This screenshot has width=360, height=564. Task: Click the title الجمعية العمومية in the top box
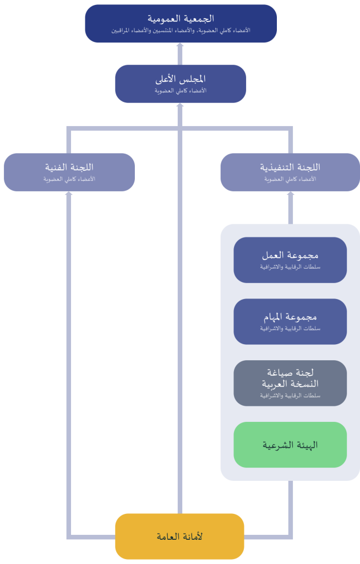click(181, 18)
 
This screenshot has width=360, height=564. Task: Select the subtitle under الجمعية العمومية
click(181, 31)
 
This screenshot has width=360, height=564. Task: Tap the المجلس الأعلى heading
click(181, 79)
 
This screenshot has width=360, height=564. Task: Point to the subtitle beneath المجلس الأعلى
click(181, 91)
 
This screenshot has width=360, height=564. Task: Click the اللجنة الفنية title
click(69, 167)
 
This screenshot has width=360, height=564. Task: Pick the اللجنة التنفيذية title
click(290, 167)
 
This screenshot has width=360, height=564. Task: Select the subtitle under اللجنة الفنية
click(69, 179)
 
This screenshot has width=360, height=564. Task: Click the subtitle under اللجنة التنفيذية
click(290, 179)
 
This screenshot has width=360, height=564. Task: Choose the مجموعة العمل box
click(290, 260)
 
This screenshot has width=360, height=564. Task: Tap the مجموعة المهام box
click(290, 321)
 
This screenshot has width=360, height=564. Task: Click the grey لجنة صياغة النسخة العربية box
click(290, 383)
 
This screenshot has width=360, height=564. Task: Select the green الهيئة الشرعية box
click(290, 444)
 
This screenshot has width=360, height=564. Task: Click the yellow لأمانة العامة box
click(180, 536)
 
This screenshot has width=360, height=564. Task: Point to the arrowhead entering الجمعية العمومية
click(180, 45)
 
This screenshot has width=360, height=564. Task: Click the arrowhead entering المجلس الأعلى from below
click(180, 105)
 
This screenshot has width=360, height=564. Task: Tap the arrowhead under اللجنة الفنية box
click(69, 193)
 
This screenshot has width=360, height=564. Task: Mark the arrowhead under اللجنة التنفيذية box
click(291, 193)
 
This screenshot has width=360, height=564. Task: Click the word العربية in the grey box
click(276, 384)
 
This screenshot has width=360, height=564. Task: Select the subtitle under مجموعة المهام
click(290, 329)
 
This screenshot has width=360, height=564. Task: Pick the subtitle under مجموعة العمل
click(290, 267)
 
